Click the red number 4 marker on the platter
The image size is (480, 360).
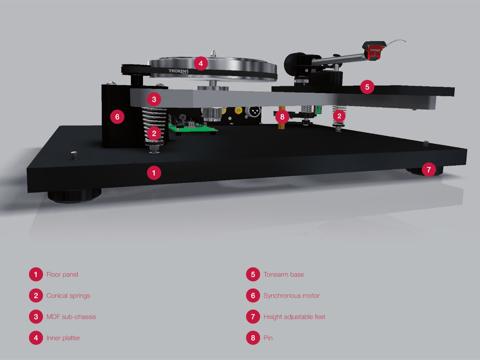201,63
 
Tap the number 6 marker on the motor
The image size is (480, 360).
117,117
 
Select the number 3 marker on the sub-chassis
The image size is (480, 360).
154,99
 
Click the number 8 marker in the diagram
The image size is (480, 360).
282,117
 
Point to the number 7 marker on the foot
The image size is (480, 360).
429,169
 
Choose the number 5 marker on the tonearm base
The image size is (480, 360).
367,87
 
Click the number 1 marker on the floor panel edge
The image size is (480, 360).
154,173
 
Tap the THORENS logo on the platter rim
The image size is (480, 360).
178,71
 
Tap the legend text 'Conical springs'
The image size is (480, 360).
68,296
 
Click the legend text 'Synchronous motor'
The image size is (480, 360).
292,296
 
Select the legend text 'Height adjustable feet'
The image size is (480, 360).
294,317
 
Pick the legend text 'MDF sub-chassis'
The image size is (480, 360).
71,317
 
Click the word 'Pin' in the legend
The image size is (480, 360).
268,338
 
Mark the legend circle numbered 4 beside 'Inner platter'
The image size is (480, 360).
36,338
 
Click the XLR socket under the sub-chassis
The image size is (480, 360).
253,111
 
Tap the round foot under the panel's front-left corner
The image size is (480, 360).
74,196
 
